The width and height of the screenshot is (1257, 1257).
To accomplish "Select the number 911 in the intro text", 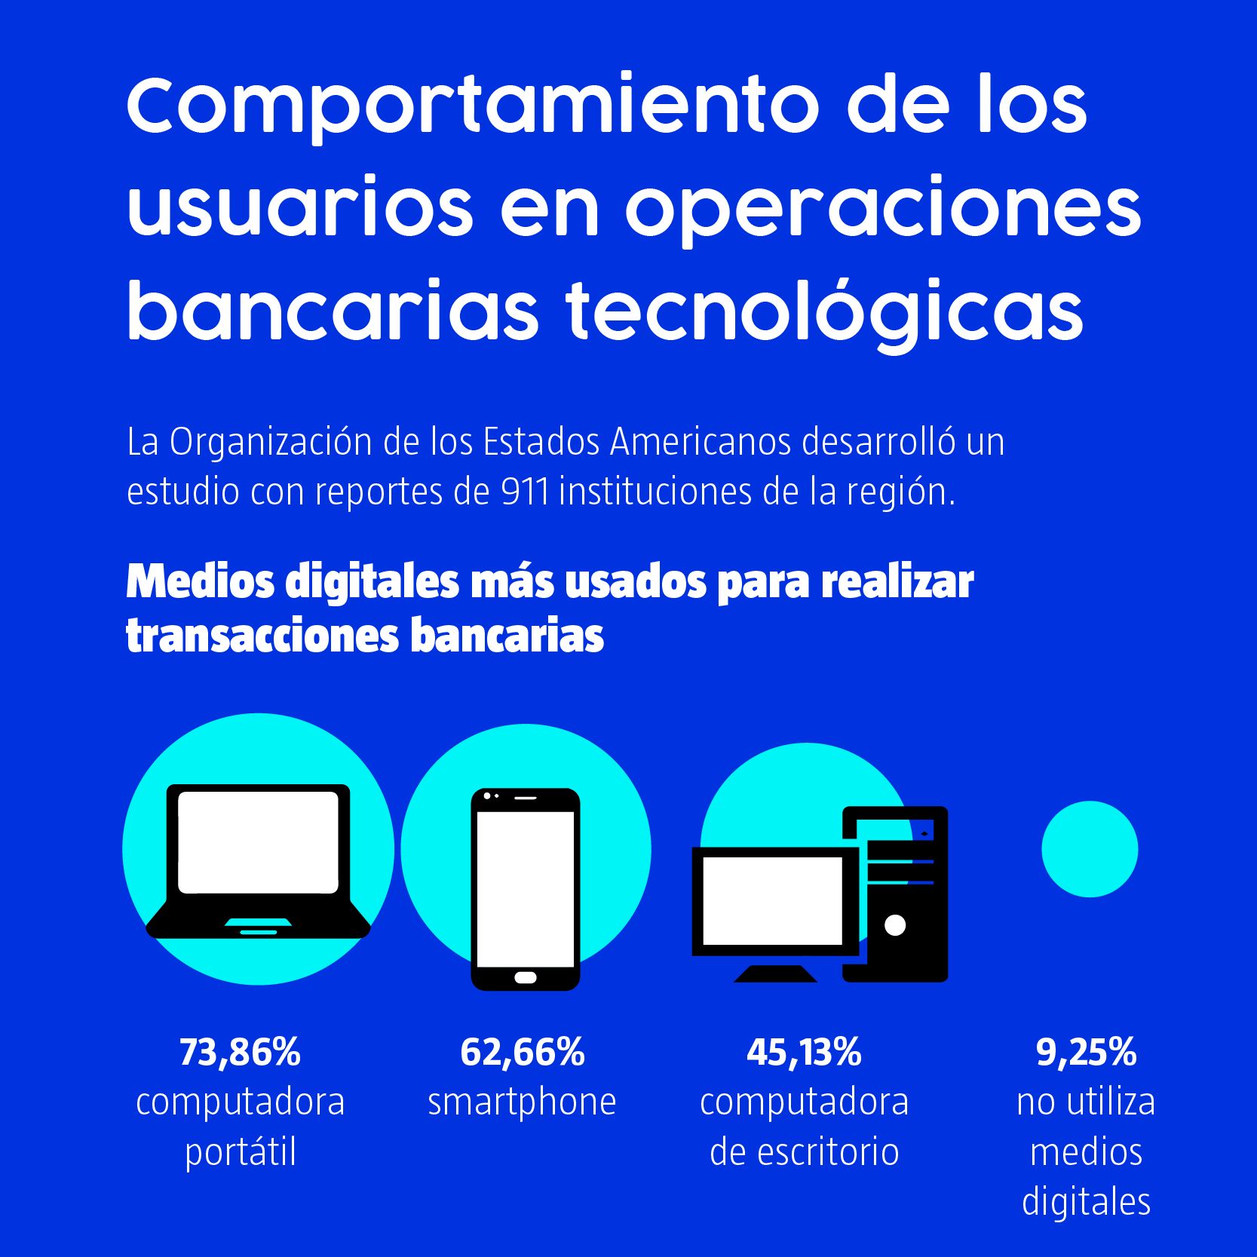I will coord(525,492).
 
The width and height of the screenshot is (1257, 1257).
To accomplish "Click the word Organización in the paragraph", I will coord(271,442).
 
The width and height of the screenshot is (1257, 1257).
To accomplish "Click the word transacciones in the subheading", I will coord(262,636).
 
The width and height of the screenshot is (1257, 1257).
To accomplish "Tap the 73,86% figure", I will coord(240,1052).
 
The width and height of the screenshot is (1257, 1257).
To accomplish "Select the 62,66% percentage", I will coord(522,1052).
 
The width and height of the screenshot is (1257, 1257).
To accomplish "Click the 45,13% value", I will coord(804,1052).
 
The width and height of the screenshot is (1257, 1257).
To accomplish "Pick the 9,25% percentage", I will coord(1086,1052).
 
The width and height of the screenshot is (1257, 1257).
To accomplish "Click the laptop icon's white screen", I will coord(258,842).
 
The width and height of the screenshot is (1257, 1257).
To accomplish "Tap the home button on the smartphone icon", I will coord(526,978).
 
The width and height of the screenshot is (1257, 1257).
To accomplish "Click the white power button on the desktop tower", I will coord(895,925).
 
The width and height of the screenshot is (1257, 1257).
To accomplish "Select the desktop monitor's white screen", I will coord(773,900).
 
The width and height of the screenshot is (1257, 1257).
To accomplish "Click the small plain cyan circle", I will coord(1090,849).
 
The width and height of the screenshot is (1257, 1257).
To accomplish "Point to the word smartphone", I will coord(522,1102).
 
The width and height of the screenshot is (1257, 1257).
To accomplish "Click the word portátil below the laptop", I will coord(241,1152).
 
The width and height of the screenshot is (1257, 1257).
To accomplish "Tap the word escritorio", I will coord(828,1152).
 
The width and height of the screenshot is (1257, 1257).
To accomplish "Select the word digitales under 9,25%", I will coord(1086,1201).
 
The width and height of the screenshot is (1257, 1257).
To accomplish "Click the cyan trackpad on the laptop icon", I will coord(258,922).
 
